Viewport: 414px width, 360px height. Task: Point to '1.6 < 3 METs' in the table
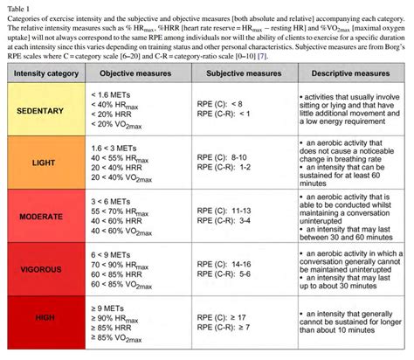pos(114,149)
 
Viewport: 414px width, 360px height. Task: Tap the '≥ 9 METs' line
pos(109,307)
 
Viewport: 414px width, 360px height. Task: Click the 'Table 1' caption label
pos(18,8)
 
